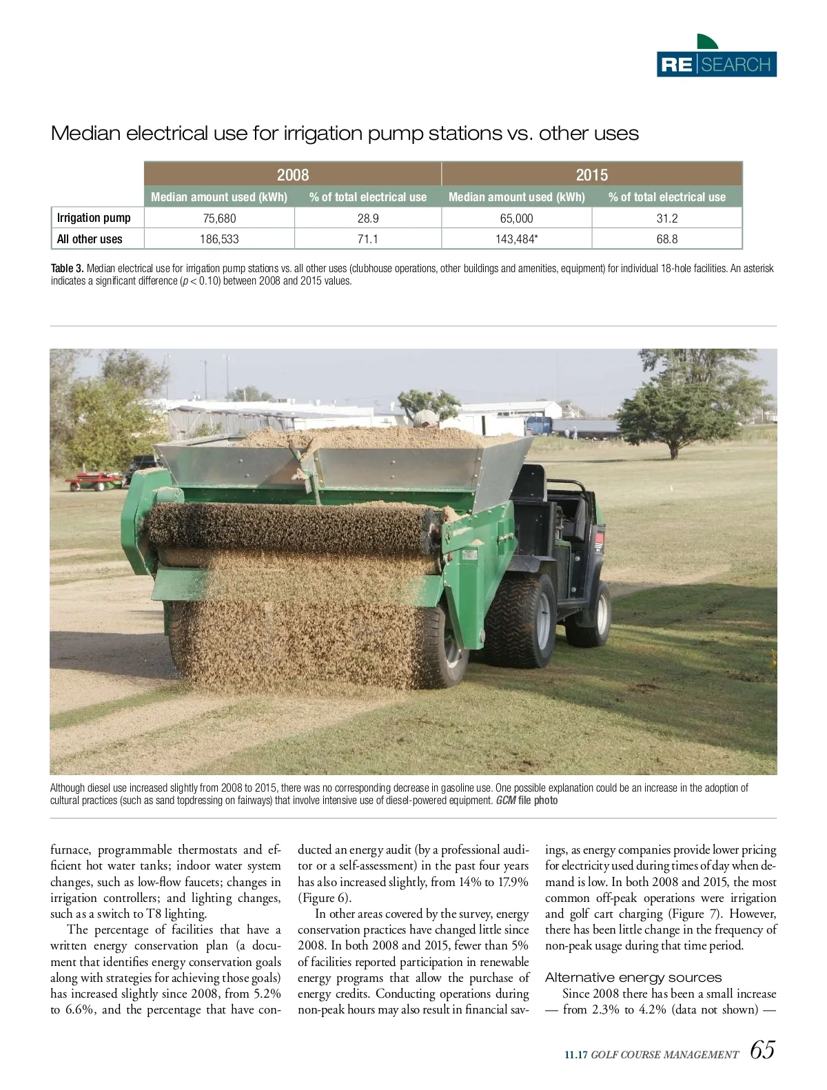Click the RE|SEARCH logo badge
(x=717, y=64)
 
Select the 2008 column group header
(x=293, y=174)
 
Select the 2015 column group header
(x=591, y=174)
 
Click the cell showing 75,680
(x=220, y=218)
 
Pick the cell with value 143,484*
(x=516, y=239)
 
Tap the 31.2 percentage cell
(x=666, y=218)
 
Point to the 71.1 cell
(x=367, y=239)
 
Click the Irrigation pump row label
(x=94, y=218)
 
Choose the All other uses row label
(x=90, y=239)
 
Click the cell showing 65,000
(x=516, y=218)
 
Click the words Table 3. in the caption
(x=67, y=268)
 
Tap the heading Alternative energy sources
(x=633, y=977)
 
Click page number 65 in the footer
(x=762, y=1050)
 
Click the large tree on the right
(x=682, y=407)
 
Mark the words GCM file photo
(x=527, y=801)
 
